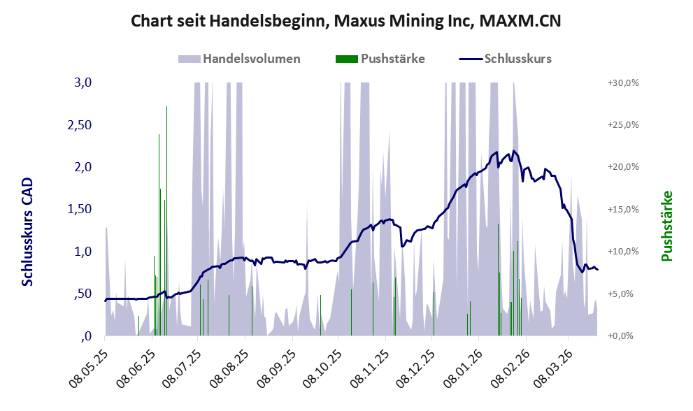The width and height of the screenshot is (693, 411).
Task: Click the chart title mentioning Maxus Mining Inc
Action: click(x=346, y=22)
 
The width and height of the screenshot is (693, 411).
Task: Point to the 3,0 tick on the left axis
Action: click(x=83, y=82)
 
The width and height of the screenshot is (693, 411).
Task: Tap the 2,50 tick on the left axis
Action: click(x=79, y=124)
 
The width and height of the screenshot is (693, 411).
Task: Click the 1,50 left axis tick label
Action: click(x=79, y=209)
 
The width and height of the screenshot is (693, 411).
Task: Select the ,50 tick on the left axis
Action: click(x=83, y=294)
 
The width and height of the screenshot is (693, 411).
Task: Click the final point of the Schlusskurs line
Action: click(x=598, y=270)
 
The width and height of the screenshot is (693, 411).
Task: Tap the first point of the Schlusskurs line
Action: click(x=105, y=301)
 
